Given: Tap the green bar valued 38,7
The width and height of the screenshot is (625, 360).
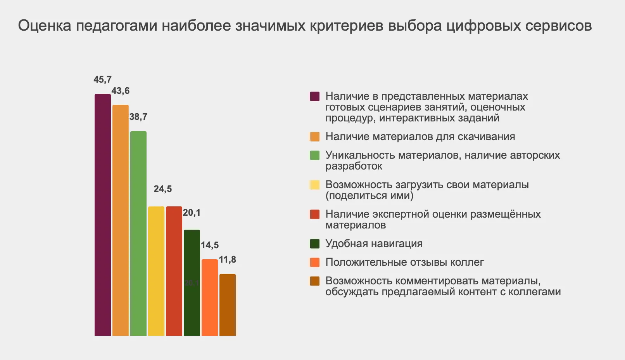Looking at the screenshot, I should pos(138,233).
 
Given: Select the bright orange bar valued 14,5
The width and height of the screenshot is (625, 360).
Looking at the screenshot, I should pos(210,297).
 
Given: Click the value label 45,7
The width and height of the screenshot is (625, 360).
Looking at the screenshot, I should pos(102,80).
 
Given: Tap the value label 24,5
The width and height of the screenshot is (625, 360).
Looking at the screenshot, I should pos(162,189).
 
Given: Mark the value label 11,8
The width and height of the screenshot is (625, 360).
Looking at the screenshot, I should pos(227,260).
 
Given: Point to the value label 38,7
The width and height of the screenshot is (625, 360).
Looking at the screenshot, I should pos(138,117).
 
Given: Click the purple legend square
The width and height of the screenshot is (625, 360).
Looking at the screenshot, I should pos(314,96).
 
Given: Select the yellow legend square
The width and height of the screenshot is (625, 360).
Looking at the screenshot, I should pos(314,185).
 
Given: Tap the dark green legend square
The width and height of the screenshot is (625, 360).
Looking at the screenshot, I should pos(314,244).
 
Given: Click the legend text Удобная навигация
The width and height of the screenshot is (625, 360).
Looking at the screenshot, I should pos(374,244).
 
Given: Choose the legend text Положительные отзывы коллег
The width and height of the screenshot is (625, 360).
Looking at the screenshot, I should pos(404,262).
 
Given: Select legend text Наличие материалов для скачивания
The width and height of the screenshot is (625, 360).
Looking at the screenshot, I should pos(420,137).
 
